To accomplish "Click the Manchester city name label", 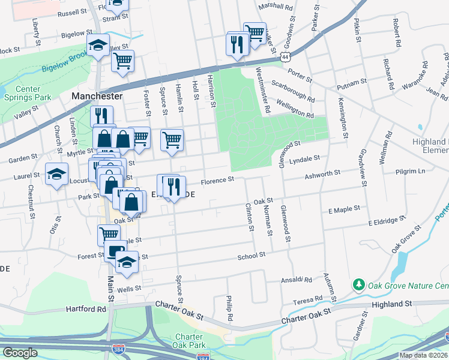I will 97,95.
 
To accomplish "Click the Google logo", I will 19,353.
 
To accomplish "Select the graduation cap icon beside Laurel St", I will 57,174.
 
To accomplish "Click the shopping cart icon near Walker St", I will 255,31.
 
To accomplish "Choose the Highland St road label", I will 392,304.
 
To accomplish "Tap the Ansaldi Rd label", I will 297,280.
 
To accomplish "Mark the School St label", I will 251,256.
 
